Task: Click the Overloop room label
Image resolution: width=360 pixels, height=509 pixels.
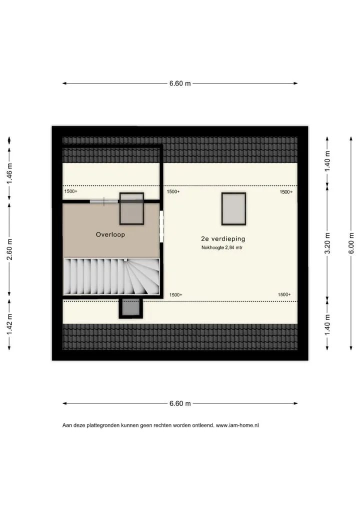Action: (x=110, y=234)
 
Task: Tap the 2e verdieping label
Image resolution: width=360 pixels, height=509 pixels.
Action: (x=223, y=238)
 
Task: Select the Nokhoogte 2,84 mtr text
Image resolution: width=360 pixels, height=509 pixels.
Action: (x=222, y=247)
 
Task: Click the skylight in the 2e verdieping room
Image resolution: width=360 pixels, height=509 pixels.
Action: (x=233, y=208)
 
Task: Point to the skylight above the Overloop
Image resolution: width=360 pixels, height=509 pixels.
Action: (x=131, y=208)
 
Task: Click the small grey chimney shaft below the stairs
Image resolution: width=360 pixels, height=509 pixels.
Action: (x=131, y=307)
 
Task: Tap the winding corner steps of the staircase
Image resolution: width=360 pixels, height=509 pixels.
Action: (x=143, y=276)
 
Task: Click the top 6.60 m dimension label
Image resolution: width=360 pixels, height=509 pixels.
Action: (x=180, y=83)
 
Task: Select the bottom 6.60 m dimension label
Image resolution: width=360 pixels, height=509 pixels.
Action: (x=180, y=403)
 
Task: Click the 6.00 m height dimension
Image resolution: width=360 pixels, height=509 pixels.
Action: (x=351, y=243)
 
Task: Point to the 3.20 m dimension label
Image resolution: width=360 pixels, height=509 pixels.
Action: (x=327, y=243)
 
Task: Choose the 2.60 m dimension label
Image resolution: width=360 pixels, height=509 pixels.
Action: (x=9, y=249)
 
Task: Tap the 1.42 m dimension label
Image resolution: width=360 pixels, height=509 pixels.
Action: (x=9, y=324)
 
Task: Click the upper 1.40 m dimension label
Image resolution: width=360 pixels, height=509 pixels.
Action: (x=327, y=161)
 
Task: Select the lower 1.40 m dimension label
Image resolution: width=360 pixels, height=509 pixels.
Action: (x=327, y=325)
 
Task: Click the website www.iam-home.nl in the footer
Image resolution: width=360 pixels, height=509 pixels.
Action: (x=237, y=425)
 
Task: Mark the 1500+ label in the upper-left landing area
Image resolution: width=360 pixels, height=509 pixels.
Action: (x=71, y=191)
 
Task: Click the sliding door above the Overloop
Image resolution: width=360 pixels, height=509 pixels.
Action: (x=104, y=201)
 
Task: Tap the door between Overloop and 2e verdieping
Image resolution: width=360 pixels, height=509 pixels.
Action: (x=161, y=226)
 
